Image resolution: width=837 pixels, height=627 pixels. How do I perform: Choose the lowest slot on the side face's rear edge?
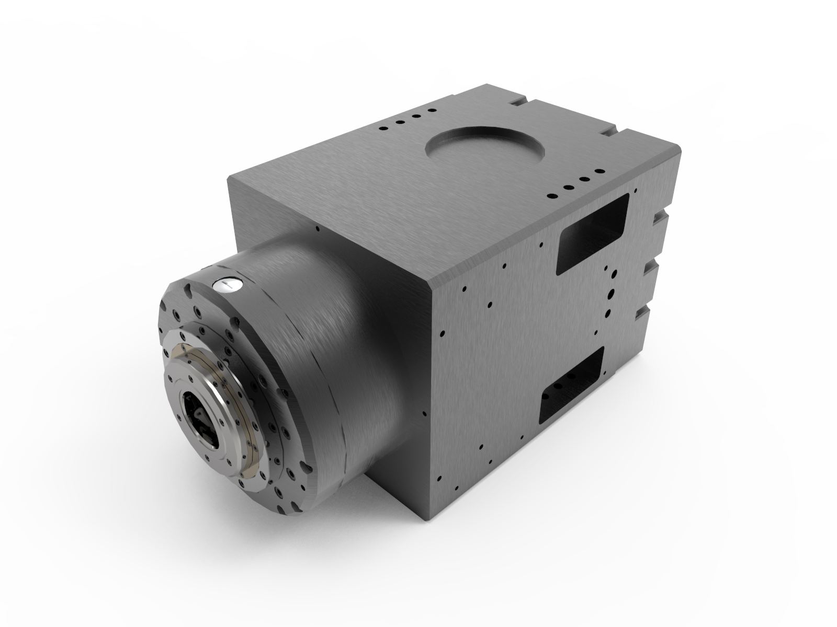click(x=641, y=313)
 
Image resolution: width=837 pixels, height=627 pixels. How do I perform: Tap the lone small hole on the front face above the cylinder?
click(x=318, y=228)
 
